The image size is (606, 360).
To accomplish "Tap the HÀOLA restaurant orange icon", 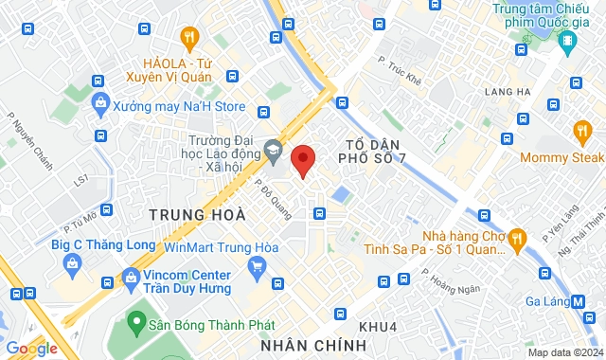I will tap(190, 39).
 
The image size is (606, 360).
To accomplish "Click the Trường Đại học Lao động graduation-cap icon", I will tap(273, 149).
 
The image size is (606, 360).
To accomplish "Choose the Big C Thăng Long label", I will tap(89, 245).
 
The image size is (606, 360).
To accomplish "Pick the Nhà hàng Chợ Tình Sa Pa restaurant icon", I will tap(516, 239).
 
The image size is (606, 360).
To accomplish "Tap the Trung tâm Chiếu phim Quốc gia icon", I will tap(567, 41).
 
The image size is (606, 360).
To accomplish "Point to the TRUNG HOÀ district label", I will tap(190, 215).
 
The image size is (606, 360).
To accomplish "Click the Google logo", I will tap(30, 348).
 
